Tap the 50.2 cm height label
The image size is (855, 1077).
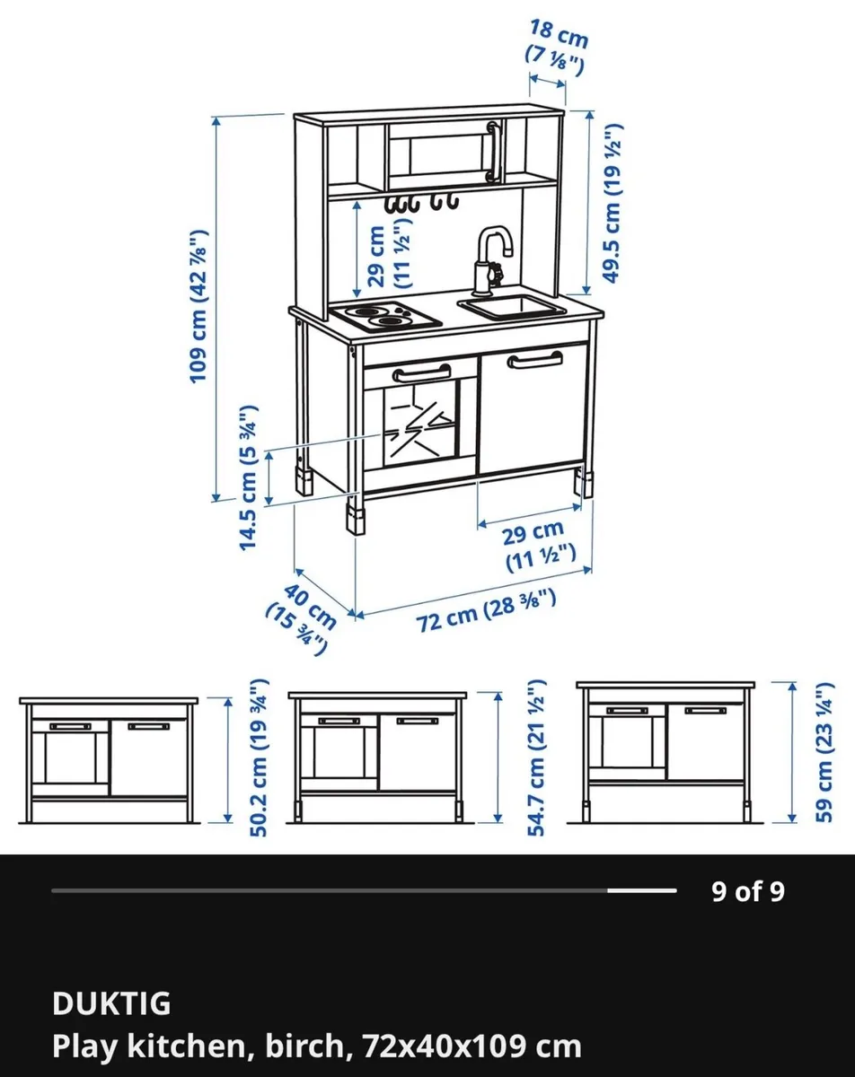coord(259,759)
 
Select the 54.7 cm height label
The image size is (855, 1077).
coord(537,759)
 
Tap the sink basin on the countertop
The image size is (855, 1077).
coord(512,308)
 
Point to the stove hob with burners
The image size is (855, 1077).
coord(386,317)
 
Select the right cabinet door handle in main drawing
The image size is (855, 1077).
coord(534,360)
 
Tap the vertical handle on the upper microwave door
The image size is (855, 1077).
coord(491,152)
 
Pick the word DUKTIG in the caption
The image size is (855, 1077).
coord(111,1003)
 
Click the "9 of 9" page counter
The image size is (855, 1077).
coord(748,891)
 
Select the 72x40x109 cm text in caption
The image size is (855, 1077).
coord(472,1046)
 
